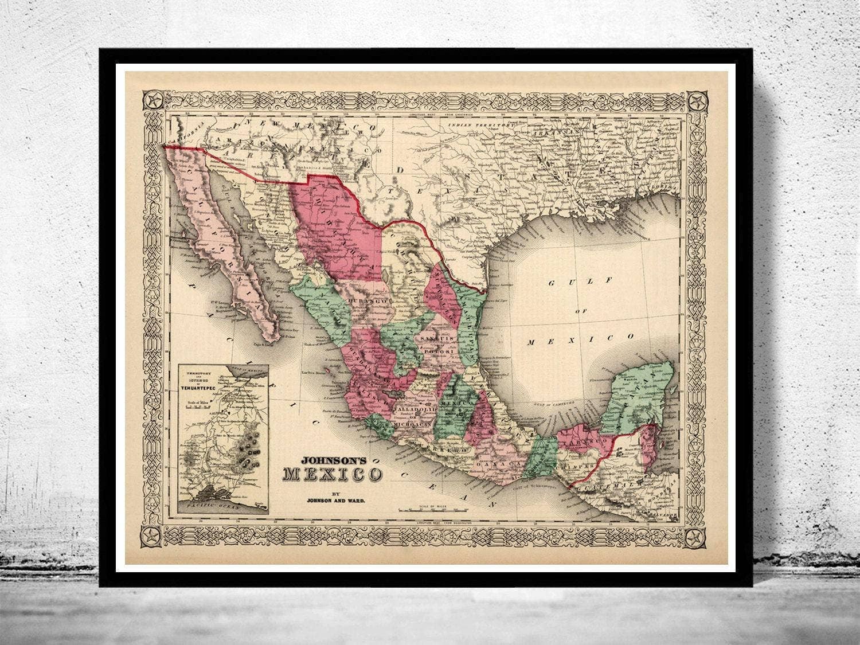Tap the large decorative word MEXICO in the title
tap(332, 475)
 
